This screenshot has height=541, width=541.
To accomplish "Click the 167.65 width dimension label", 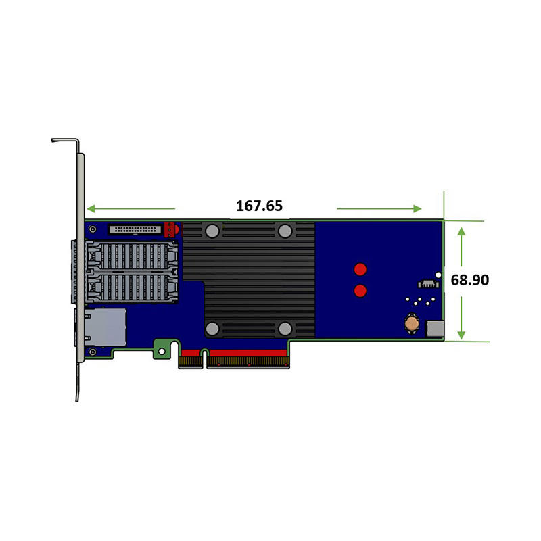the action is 259,206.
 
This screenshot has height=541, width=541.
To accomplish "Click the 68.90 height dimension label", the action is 469,280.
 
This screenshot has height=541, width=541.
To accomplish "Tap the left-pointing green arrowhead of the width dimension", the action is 91,208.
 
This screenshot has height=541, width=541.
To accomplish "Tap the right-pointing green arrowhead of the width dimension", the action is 417,208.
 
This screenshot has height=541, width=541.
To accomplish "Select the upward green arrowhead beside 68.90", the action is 461,231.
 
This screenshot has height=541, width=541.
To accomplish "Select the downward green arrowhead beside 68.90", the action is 461,335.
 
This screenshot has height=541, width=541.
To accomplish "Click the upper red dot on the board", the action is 360,269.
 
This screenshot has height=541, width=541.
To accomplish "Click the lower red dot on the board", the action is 360,291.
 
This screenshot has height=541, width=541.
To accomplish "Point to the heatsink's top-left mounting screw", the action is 212,231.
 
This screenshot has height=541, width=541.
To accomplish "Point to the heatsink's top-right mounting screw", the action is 285,231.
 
